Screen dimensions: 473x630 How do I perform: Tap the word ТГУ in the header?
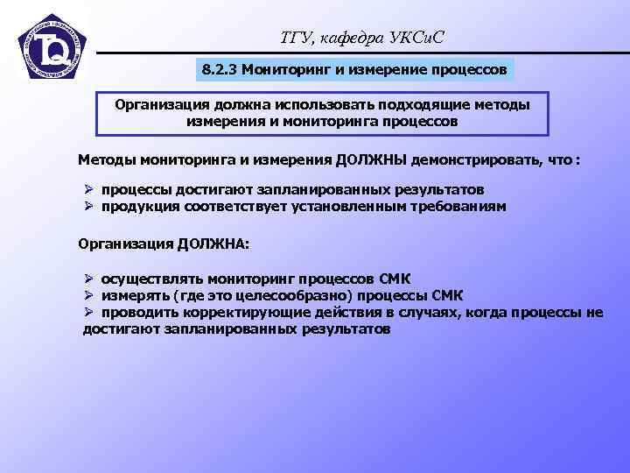(289, 36)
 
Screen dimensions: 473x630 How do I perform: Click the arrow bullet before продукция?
(87, 207)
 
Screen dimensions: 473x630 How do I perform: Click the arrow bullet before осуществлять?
(87, 279)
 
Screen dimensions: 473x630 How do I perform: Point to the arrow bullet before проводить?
(87, 313)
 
